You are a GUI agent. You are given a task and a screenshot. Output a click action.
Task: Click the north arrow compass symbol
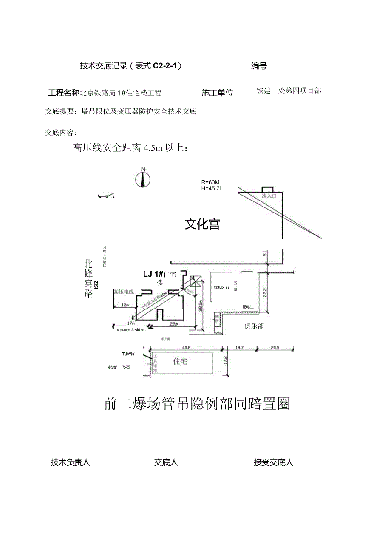143,179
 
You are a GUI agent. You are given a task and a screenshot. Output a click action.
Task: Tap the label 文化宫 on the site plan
202,224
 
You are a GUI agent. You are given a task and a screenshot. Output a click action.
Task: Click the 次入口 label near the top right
269,196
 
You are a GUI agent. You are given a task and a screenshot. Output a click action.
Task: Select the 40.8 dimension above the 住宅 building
186,347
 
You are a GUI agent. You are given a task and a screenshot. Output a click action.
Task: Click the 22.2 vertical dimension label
264,293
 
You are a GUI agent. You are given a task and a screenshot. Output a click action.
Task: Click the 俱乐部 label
254,326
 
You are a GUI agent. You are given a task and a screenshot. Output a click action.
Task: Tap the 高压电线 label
124,292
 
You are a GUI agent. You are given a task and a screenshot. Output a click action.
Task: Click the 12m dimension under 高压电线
125,305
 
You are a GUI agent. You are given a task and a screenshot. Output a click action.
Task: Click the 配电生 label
248,306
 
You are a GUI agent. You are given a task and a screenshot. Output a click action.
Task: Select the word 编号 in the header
259,65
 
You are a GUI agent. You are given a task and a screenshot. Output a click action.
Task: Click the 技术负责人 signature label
70,462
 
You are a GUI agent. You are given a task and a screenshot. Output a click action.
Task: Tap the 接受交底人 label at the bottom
274,462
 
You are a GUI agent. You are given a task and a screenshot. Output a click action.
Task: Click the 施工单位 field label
217,93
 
